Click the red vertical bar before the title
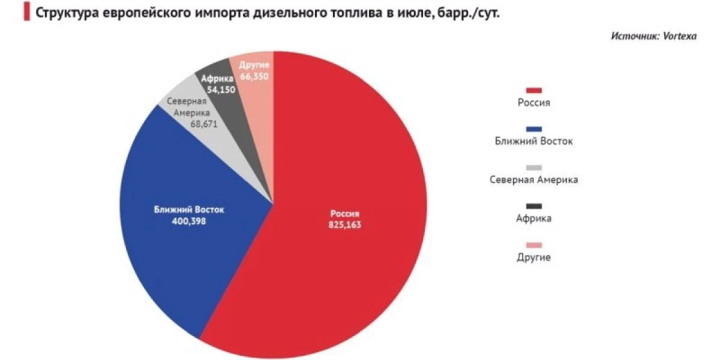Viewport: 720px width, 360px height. pyautogui.click(x=26, y=13)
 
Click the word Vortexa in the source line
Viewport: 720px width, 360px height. pyautogui.click(x=680, y=37)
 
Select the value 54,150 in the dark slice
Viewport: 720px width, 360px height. pyautogui.click(x=220, y=89)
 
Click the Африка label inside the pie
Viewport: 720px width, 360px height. pyautogui.click(x=214, y=78)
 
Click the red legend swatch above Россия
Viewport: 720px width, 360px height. pyautogui.click(x=533, y=90)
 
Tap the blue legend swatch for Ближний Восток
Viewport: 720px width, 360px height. pyautogui.click(x=533, y=129)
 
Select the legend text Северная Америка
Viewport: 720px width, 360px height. pyautogui.click(x=533, y=179)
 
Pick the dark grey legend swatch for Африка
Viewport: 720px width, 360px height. pyautogui.click(x=533, y=206)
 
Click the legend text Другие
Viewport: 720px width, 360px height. pyautogui.click(x=533, y=257)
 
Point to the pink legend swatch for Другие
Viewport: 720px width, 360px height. pyautogui.click(x=533, y=245)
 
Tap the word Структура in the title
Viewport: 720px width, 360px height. pyautogui.click(x=64, y=13)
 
